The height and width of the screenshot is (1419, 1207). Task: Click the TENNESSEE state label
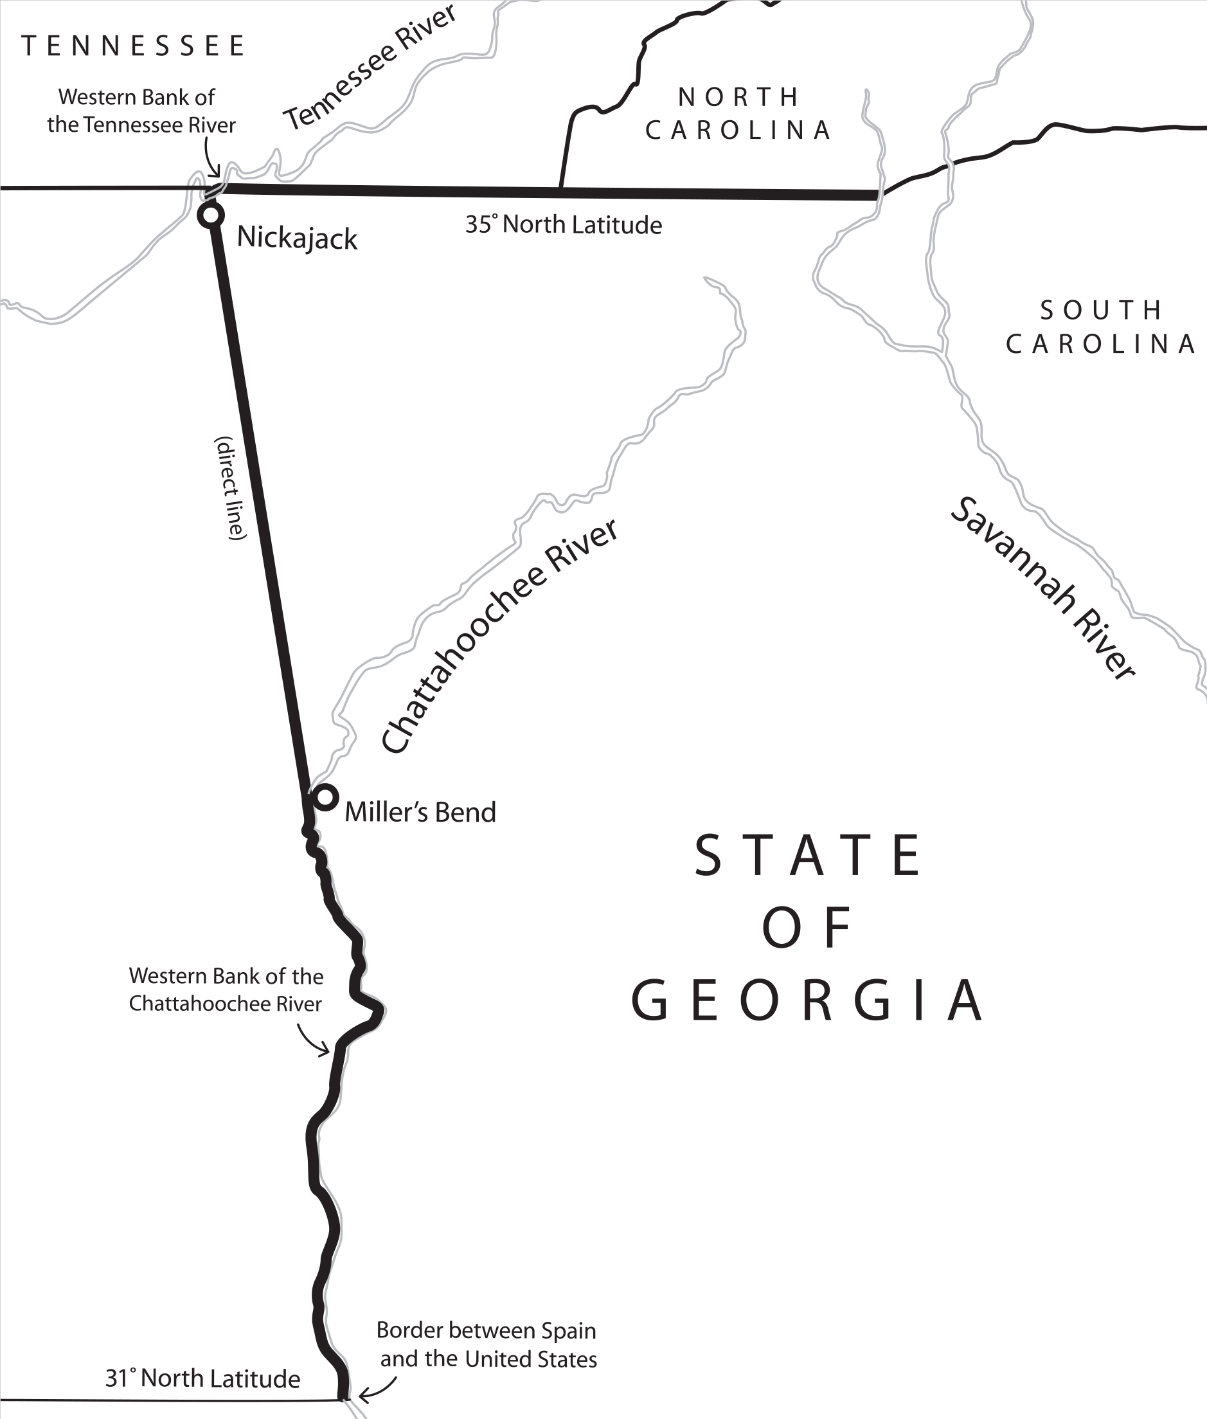pyautogui.click(x=134, y=46)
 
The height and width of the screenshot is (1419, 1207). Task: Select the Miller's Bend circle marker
pyautogui.click(x=325, y=797)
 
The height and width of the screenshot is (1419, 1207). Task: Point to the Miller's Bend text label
pyautogui.click(x=420, y=813)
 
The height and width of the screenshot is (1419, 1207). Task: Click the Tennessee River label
pyautogui.click(x=370, y=68)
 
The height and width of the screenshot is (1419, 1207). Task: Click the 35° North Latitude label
pyautogui.click(x=563, y=225)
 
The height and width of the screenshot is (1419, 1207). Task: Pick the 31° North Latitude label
pyautogui.click(x=202, y=1378)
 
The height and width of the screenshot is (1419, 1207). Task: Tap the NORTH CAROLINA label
pyautogui.click(x=739, y=114)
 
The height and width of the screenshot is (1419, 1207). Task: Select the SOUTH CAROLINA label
pyautogui.click(x=1100, y=327)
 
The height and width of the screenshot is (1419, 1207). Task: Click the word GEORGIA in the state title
pyautogui.click(x=807, y=1000)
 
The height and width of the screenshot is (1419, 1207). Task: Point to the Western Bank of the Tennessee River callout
pyautogui.click(x=140, y=111)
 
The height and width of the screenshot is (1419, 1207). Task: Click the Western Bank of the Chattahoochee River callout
pyautogui.click(x=226, y=989)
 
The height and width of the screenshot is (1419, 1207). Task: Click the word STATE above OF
pyautogui.click(x=808, y=856)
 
